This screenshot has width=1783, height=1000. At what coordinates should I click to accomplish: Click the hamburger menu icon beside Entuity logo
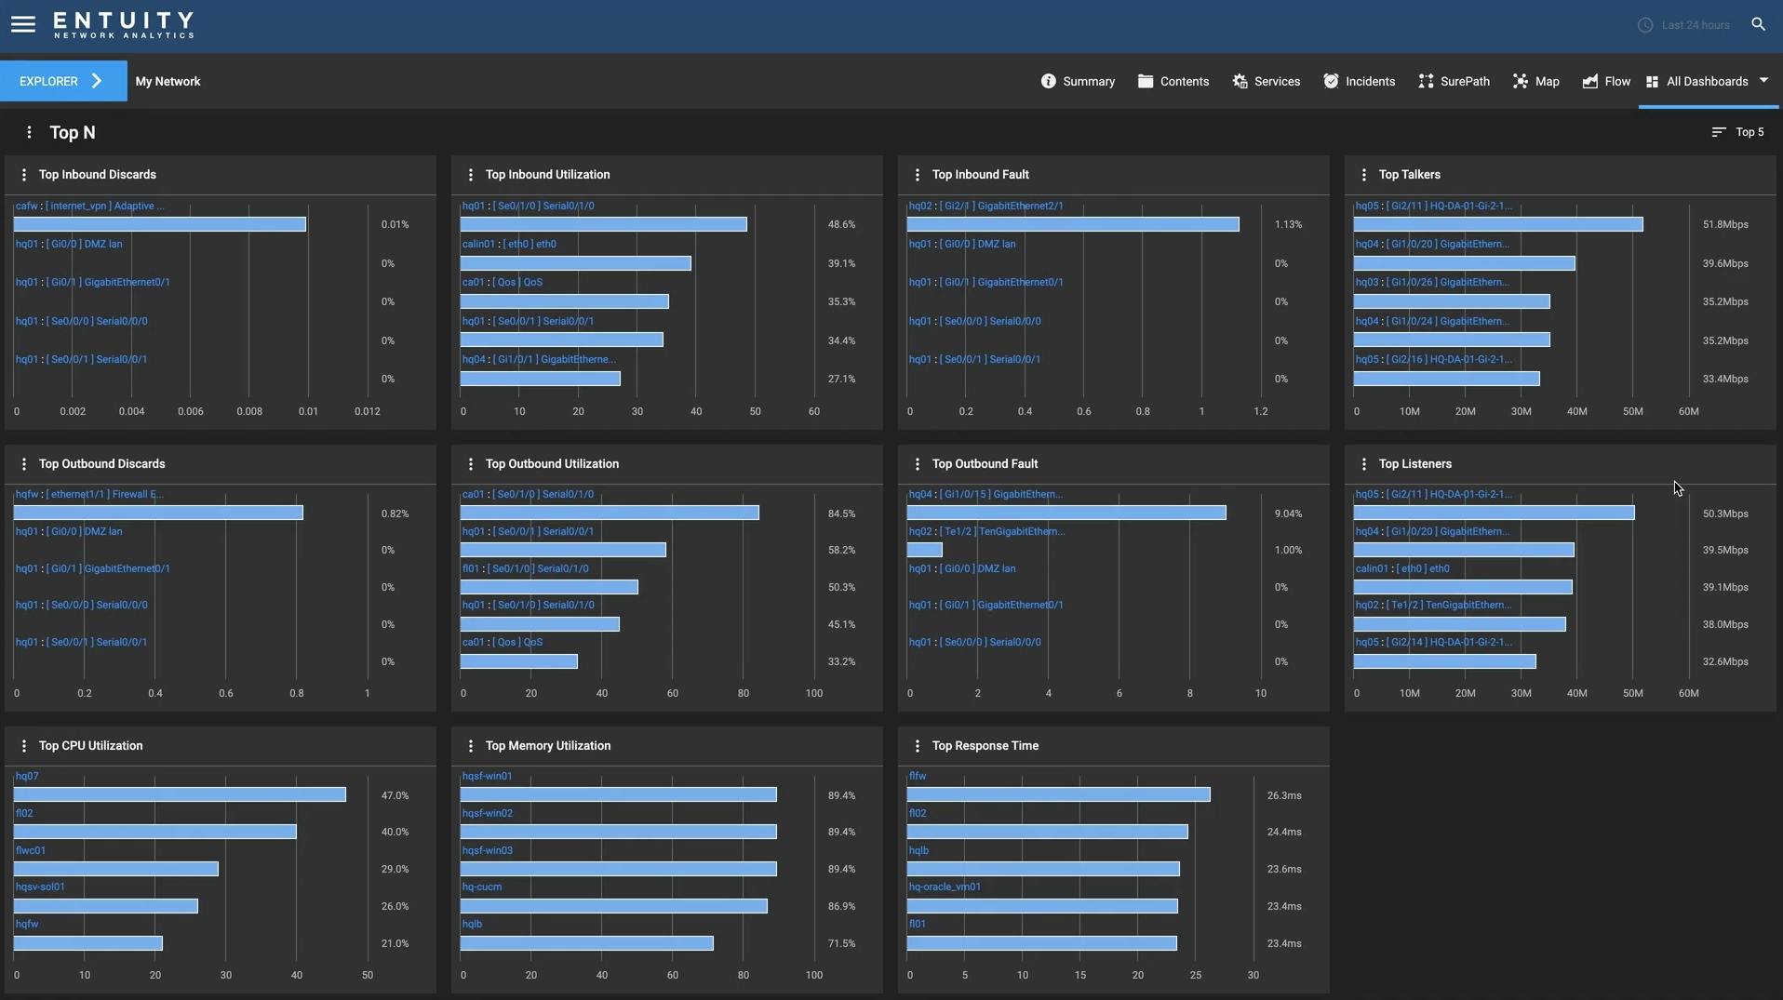click(x=23, y=25)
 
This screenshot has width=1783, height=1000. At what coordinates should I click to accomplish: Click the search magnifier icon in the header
click(x=1758, y=25)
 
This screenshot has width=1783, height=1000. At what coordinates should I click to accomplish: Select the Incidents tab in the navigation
click(x=1360, y=82)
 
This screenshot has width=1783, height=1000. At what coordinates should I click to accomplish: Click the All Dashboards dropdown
click(x=1708, y=82)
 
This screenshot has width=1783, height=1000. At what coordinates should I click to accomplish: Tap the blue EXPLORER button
click(x=62, y=82)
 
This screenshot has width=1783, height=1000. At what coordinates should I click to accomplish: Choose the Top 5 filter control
click(x=1738, y=132)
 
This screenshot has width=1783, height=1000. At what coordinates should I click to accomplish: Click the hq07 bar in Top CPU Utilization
click(x=180, y=795)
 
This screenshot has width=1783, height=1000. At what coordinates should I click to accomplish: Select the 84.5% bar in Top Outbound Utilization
click(x=610, y=513)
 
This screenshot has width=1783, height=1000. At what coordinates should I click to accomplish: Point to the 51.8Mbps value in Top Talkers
click(x=1725, y=225)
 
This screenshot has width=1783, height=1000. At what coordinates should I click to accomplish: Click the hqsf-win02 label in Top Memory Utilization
click(x=487, y=814)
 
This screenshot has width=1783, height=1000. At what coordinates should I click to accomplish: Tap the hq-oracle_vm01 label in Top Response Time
click(x=945, y=887)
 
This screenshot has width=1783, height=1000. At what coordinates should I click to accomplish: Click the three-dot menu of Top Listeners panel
click(x=1364, y=464)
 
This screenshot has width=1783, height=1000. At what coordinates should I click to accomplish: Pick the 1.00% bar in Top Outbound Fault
click(x=925, y=551)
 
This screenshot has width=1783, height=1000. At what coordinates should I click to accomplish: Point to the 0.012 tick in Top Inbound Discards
click(x=368, y=412)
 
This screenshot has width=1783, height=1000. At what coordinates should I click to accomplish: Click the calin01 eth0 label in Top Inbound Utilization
click(x=509, y=245)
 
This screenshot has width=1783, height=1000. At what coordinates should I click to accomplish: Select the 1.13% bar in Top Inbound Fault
click(x=1073, y=225)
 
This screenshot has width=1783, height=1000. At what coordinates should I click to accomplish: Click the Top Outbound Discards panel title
click(x=102, y=464)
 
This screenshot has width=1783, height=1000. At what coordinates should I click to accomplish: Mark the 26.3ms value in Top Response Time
click(x=1284, y=796)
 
